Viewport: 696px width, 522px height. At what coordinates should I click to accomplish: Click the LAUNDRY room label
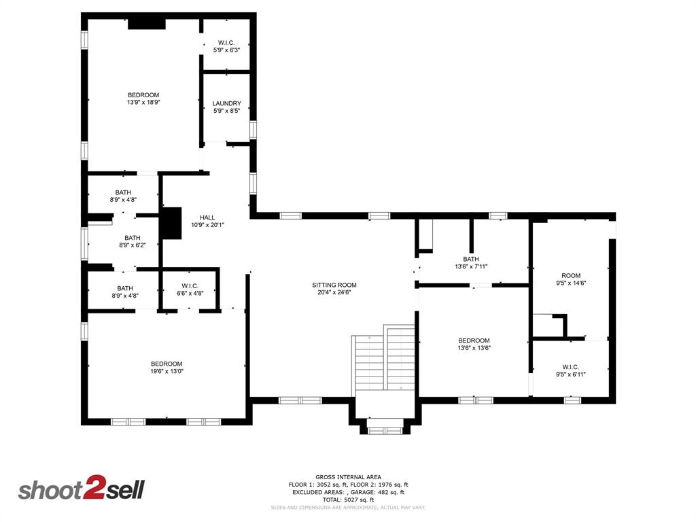pyautogui.click(x=226, y=103)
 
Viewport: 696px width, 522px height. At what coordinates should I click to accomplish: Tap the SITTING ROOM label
pyautogui.click(x=334, y=285)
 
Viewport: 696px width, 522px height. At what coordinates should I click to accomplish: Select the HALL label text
pyautogui.click(x=207, y=217)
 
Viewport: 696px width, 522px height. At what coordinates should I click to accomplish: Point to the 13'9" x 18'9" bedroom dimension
pyautogui.click(x=143, y=102)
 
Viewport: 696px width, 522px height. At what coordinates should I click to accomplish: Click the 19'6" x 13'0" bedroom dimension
pyautogui.click(x=167, y=371)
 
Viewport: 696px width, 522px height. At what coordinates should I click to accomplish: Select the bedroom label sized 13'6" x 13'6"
pyautogui.click(x=474, y=341)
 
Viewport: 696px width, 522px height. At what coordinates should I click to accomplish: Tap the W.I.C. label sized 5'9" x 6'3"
pyautogui.click(x=226, y=42)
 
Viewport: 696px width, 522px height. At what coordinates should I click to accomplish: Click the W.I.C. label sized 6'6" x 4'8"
pyautogui.click(x=190, y=285)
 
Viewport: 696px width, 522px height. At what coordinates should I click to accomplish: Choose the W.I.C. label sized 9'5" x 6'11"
pyautogui.click(x=570, y=367)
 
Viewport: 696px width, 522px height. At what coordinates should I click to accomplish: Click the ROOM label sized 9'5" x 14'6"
pyautogui.click(x=571, y=275)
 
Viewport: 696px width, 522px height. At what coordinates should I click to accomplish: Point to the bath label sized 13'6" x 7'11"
pyautogui.click(x=471, y=259)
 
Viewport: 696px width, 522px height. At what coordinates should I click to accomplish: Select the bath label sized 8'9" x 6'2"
pyautogui.click(x=133, y=238)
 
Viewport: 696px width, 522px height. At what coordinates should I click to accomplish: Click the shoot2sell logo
pyautogui.click(x=81, y=490)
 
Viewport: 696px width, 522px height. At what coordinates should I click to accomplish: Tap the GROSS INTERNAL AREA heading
pyautogui.click(x=348, y=476)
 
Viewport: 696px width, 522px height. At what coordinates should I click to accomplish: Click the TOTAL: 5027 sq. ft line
pyautogui.click(x=348, y=500)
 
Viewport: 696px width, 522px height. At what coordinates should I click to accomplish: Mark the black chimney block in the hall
pyautogui.click(x=171, y=223)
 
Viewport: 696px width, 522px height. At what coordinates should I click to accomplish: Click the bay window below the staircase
pyautogui.click(x=385, y=429)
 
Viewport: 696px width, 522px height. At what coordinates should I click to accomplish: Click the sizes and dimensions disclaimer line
pyautogui.click(x=348, y=507)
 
